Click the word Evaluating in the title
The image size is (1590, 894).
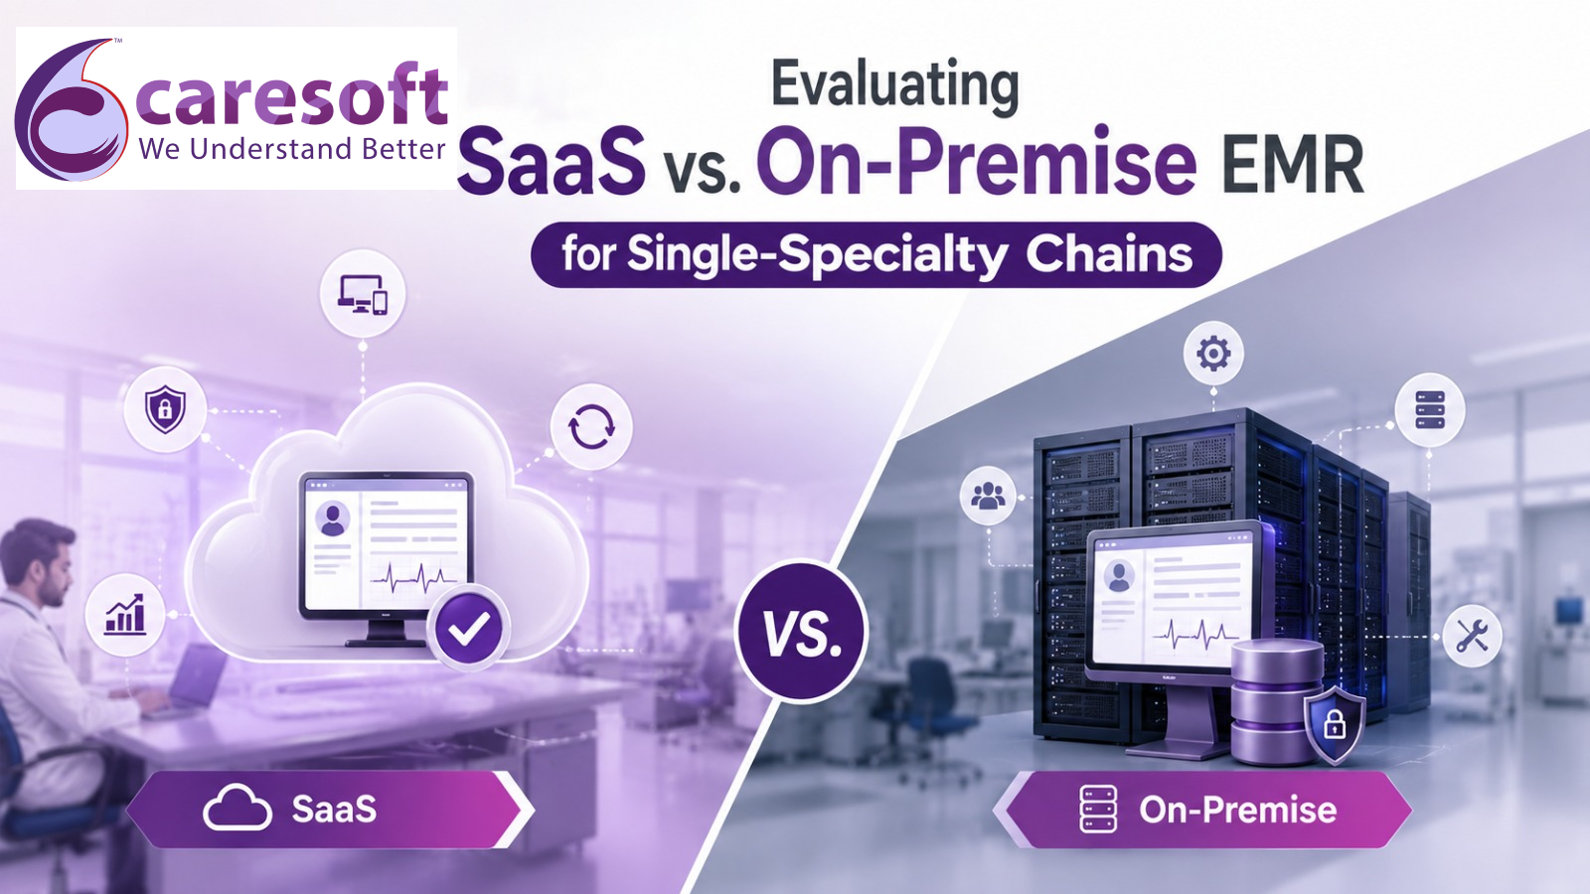click(x=895, y=87)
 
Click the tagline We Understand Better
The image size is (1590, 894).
click(x=292, y=149)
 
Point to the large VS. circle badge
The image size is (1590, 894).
click(x=801, y=631)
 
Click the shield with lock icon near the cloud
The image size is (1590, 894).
click(x=165, y=409)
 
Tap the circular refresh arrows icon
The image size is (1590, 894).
click(x=591, y=426)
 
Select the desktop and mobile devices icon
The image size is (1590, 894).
click(x=362, y=294)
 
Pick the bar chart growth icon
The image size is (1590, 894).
click(x=125, y=615)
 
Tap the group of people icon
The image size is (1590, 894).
click(x=988, y=496)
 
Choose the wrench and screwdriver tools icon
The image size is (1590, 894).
click(x=1472, y=636)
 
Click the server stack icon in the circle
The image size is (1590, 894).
click(x=1430, y=410)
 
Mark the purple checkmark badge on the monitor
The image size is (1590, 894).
click(x=468, y=628)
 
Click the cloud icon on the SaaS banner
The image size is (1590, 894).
click(x=238, y=809)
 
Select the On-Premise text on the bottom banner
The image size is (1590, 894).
click(x=1238, y=810)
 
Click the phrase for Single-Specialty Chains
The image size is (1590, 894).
click(x=876, y=254)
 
